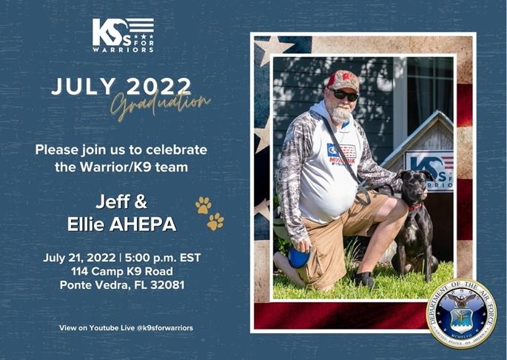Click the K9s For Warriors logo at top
coord(123,35)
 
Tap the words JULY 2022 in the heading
coord(121,86)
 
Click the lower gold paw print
coord(215,221)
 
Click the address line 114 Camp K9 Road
coord(122,272)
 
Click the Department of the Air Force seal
coord(462,313)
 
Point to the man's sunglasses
coord(345,95)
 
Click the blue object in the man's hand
coord(299,256)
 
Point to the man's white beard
coord(341,113)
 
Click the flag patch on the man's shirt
coord(346,151)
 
